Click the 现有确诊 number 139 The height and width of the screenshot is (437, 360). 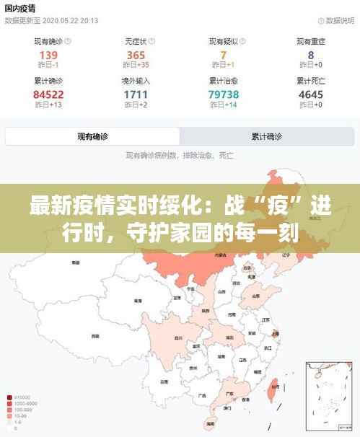pos(48,55)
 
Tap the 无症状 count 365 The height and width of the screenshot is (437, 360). pos(136,55)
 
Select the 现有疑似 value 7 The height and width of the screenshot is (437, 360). pos(224,55)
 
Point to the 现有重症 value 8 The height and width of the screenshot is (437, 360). pos(311,55)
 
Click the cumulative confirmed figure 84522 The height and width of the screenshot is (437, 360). pos(48,94)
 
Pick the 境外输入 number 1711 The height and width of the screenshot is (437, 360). pos(136,94)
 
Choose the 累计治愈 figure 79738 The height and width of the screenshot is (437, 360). pos(224,94)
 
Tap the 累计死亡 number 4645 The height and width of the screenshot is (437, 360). pos(311,94)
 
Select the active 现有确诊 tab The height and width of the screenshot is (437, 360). pos(93,136)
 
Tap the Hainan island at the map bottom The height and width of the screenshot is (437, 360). pos(211,422)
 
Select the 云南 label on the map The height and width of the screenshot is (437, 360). pos(164,382)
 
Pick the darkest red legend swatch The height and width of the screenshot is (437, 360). pos(8,397)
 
